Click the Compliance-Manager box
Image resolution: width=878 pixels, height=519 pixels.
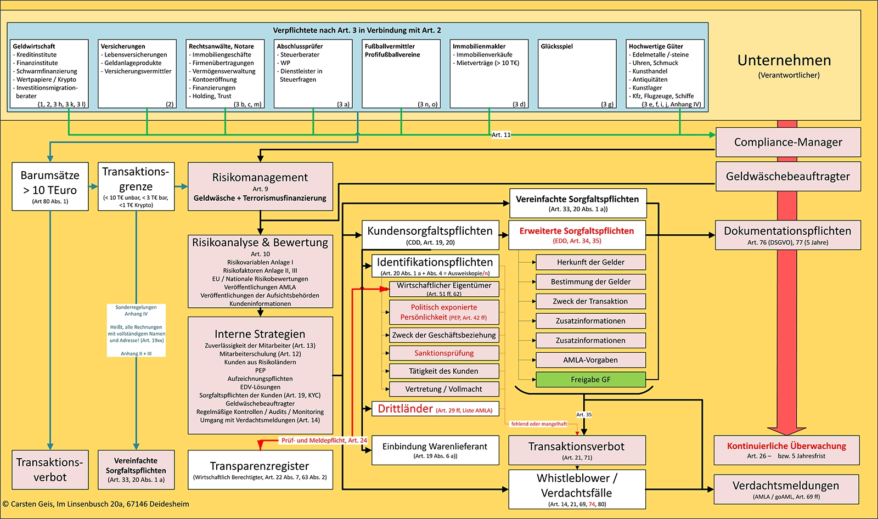(x=788, y=143)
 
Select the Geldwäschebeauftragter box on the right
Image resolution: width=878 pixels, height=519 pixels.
(x=788, y=177)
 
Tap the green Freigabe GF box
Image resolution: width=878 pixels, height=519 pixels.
(x=590, y=380)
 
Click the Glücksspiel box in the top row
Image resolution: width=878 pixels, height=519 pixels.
(x=577, y=74)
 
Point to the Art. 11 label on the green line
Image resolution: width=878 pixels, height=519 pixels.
(x=500, y=134)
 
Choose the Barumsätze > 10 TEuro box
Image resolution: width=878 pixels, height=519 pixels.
(x=50, y=187)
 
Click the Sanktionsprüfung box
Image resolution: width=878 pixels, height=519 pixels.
(x=444, y=353)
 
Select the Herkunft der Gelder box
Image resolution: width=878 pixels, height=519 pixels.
(x=590, y=262)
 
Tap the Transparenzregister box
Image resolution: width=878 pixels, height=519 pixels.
(x=260, y=470)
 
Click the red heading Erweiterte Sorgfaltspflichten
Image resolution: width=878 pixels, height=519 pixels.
(x=577, y=231)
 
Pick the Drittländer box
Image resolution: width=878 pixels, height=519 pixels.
(x=435, y=409)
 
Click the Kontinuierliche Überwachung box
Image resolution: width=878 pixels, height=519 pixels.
(x=786, y=450)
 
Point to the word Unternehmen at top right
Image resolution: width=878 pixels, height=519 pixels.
(x=784, y=60)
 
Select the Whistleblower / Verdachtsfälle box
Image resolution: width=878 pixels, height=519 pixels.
(x=577, y=489)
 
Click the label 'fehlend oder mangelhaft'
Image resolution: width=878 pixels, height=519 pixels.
(x=539, y=424)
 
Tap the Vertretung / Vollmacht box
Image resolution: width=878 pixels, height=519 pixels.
(x=444, y=389)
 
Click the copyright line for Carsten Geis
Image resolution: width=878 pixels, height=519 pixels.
(x=96, y=504)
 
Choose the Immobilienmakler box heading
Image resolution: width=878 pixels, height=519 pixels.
(x=479, y=47)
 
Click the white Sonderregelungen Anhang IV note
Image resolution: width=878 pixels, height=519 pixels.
(x=136, y=330)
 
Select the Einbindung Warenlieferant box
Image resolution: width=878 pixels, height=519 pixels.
(x=435, y=450)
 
